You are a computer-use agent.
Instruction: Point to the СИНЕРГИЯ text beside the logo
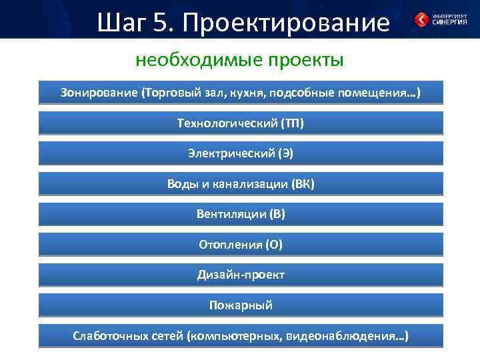click(450, 21)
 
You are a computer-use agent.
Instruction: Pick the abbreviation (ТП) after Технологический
click(293, 123)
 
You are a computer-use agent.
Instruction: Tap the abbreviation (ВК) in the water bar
click(303, 184)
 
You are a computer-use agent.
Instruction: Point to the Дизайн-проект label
click(241, 275)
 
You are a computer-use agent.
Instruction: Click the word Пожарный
click(241, 305)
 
